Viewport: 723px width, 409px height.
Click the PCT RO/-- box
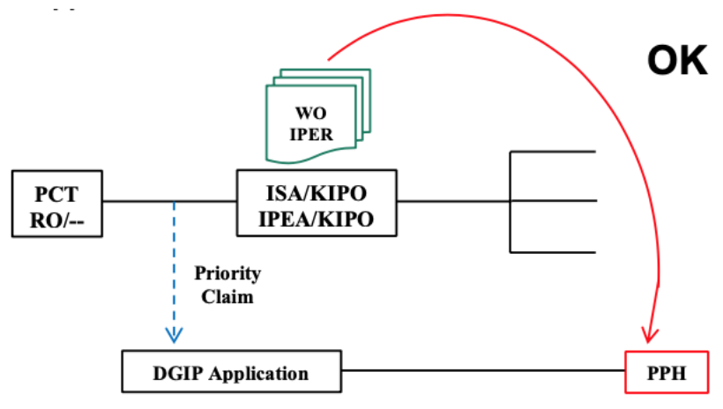(x=57, y=204)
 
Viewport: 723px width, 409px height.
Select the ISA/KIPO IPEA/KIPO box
(x=317, y=203)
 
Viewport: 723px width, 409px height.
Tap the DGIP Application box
(x=232, y=371)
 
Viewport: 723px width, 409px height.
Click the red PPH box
(x=667, y=372)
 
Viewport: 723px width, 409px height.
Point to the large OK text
(x=677, y=61)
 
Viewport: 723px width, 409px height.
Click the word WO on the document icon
(x=310, y=113)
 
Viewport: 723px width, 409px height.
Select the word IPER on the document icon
(x=311, y=134)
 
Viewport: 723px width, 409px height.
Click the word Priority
(x=227, y=274)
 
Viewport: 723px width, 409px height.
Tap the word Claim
(x=227, y=297)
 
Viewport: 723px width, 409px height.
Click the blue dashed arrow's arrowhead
(x=174, y=335)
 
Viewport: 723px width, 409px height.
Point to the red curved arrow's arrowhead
(x=650, y=335)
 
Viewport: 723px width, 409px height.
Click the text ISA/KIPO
(x=317, y=193)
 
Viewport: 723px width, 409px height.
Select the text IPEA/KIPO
(x=317, y=219)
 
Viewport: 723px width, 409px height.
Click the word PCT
(x=56, y=194)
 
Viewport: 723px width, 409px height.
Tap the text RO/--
(x=57, y=221)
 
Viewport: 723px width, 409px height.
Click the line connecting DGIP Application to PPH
(x=483, y=370)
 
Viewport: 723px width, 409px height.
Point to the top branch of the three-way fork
(x=553, y=152)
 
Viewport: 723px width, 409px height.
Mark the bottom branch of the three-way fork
(x=553, y=252)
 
